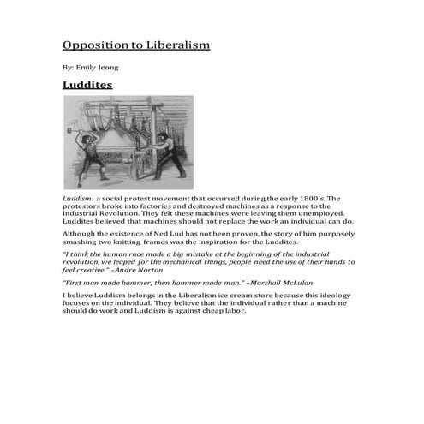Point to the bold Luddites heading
click(87, 85)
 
